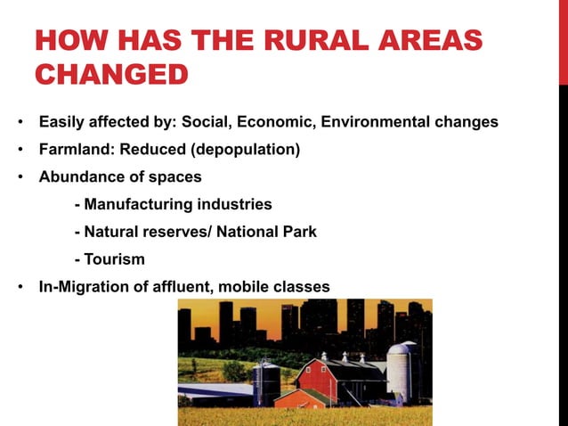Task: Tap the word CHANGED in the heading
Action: tap(110, 74)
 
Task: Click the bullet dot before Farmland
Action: tap(20, 150)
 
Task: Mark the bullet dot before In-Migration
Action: tap(20, 288)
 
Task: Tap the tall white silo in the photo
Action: tap(402, 370)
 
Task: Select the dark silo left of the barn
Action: tap(266, 381)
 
